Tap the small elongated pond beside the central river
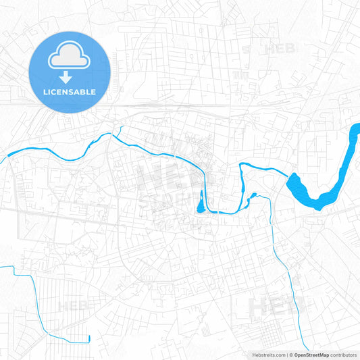pyautogui.click(x=200, y=201)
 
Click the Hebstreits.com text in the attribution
pyautogui.click(x=267, y=355)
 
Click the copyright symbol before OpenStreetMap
pyautogui.click(x=291, y=355)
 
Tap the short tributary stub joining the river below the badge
pyautogui.click(x=119, y=129)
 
